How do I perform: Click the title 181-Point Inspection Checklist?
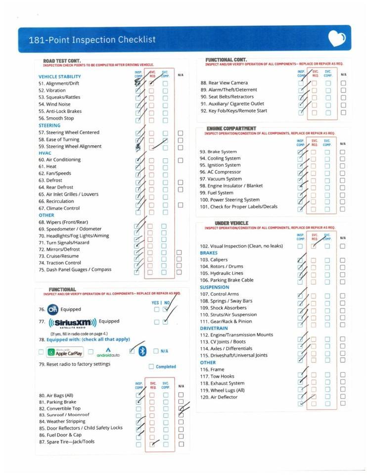[x=92, y=40]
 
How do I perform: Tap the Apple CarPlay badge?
[x=65, y=352]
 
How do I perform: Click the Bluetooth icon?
[x=142, y=351]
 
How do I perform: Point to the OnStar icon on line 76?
[x=52, y=310]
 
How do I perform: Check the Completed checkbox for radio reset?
[x=151, y=367]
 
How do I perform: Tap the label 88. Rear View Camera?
[x=224, y=83]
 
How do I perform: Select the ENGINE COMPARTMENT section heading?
[x=231, y=129]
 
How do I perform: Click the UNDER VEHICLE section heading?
[x=231, y=223]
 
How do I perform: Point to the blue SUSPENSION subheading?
[x=214, y=287]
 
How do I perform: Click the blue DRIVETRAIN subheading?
[x=214, y=328]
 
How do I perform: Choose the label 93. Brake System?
[x=218, y=151]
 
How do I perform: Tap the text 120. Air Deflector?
[x=219, y=397]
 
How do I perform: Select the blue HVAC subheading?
[x=45, y=153]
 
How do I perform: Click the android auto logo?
[x=108, y=352]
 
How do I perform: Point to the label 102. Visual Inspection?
[x=241, y=246]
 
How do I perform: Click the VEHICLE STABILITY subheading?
[x=59, y=77]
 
